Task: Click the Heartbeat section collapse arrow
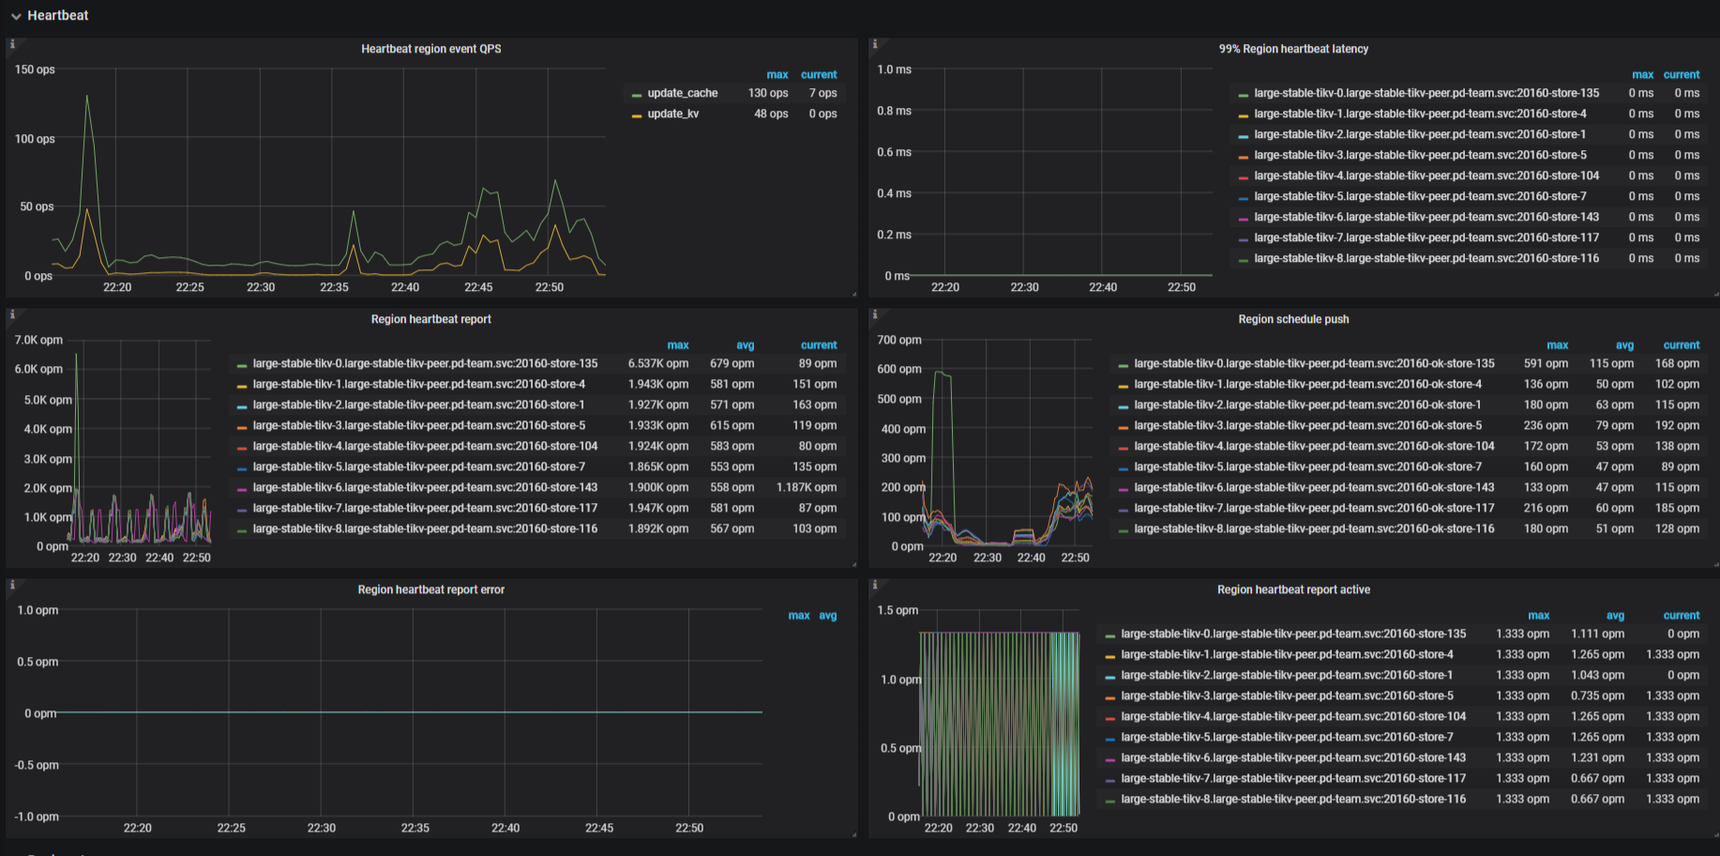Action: [16, 16]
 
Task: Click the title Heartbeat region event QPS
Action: [430, 49]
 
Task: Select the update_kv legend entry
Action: [672, 114]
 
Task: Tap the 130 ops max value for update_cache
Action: [767, 93]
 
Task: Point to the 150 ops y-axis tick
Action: [35, 69]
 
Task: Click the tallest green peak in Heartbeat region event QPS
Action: [87, 97]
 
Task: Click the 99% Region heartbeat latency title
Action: [1292, 49]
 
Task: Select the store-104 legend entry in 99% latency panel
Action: [1426, 176]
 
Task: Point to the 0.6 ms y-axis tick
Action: [894, 152]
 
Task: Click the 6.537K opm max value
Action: [657, 363]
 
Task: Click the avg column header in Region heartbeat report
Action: [745, 345]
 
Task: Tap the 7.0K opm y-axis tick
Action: [38, 340]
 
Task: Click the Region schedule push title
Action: [1292, 319]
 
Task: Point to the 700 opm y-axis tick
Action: [898, 340]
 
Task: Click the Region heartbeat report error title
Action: [430, 589]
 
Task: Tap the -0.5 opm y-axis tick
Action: [37, 765]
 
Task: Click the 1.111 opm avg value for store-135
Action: [1597, 634]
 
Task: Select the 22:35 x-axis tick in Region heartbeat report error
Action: [415, 828]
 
